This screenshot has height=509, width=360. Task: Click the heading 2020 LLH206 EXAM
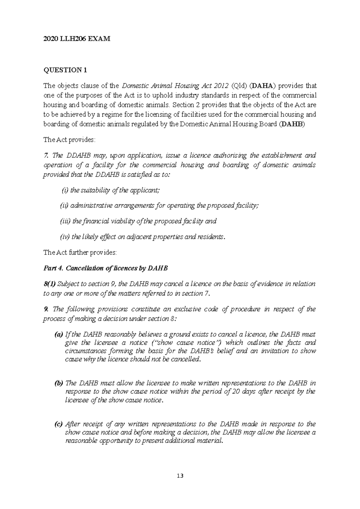pos(77,39)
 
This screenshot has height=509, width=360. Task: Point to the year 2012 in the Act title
pos(220,86)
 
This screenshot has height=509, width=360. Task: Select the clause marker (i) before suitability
pos(65,190)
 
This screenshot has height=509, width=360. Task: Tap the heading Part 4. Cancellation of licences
pos(106,268)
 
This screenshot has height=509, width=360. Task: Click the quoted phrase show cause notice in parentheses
pos(186,343)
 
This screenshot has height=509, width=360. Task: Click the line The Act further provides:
pos(80,252)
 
